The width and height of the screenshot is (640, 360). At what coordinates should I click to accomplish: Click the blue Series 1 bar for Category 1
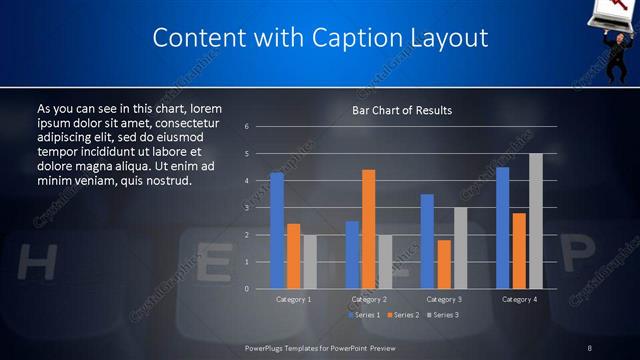point(277,231)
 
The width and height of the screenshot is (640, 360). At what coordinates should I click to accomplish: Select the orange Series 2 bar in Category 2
point(369,229)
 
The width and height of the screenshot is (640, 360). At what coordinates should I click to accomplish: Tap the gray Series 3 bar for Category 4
point(535,221)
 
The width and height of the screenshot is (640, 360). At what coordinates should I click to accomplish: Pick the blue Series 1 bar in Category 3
point(427,241)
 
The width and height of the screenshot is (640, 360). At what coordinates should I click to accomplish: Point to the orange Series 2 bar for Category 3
point(444,264)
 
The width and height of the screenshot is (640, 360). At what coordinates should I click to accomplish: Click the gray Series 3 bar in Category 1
point(309,262)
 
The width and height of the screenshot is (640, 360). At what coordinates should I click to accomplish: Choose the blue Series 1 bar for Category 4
point(502,228)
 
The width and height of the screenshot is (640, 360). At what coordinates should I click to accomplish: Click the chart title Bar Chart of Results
point(402,110)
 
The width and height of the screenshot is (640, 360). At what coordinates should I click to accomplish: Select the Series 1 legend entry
point(362,315)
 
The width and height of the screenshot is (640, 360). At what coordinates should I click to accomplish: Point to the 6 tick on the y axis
point(247,127)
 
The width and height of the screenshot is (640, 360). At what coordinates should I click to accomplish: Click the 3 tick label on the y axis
point(247,208)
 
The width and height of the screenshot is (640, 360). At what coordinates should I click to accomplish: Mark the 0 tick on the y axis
point(247,289)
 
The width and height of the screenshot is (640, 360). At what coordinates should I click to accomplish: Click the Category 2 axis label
point(369,299)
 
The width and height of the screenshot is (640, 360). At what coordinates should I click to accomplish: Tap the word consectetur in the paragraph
point(195,122)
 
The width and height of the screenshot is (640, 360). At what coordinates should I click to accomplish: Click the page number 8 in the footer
point(590,347)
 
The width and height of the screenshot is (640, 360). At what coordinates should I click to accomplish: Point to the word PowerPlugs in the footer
point(265,347)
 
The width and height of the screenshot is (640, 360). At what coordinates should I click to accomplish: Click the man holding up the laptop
point(616,40)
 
